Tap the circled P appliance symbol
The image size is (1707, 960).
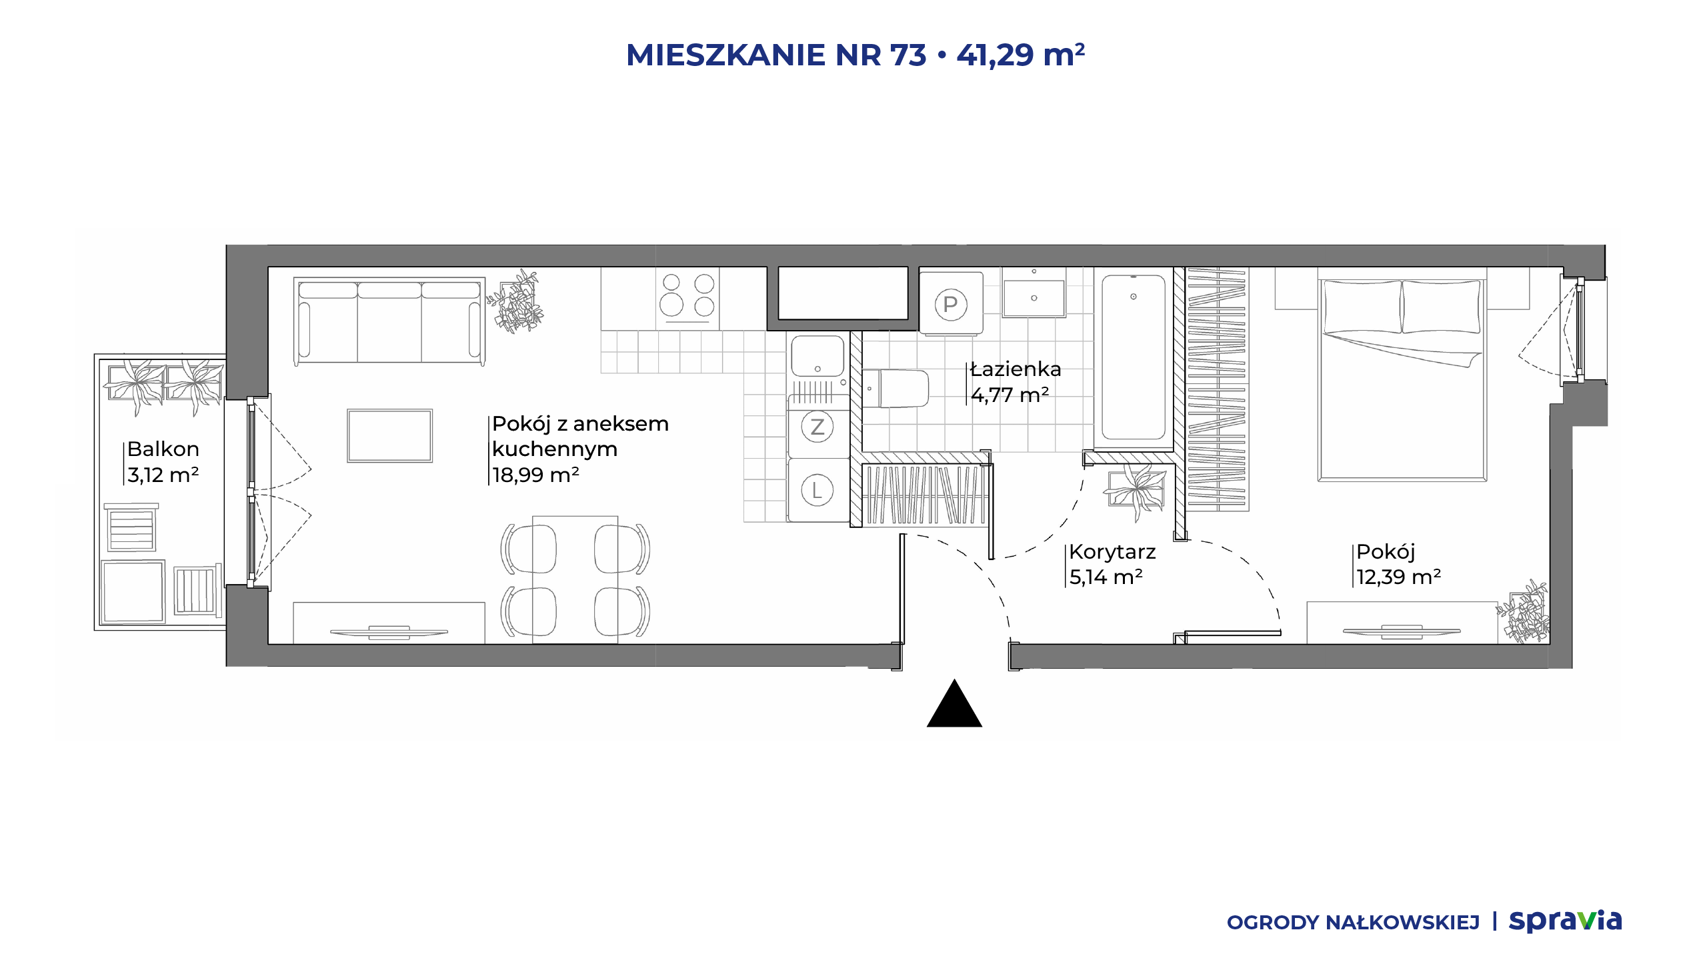[x=951, y=305]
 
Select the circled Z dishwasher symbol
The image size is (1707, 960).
[x=817, y=427]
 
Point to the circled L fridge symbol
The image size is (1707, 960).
[x=817, y=491]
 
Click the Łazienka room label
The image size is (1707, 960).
[x=1016, y=369]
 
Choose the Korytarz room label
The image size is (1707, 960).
[x=1112, y=552]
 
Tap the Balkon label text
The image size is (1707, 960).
[x=163, y=449]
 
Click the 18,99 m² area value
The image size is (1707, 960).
[x=535, y=475]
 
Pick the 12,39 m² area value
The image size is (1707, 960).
[x=1398, y=577]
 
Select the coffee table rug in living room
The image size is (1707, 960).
[x=389, y=436]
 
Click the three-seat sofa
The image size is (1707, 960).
[x=389, y=321]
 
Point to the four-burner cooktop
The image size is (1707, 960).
[x=687, y=299]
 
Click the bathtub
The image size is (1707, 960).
[x=1134, y=358]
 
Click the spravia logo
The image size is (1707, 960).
[x=1565, y=921]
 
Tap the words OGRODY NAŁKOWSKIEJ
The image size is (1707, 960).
[x=1353, y=923]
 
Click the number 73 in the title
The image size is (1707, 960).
[x=908, y=55]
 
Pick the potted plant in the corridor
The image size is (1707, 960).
[x=1136, y=490]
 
